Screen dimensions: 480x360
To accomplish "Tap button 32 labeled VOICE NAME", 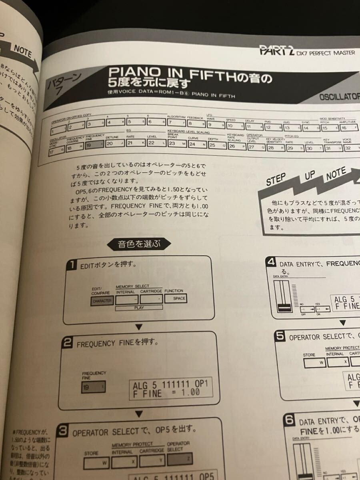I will point(349,147).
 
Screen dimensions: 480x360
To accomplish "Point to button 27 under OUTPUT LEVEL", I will point(256,147).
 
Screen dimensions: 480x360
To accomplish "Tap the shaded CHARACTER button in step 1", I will point(102,301).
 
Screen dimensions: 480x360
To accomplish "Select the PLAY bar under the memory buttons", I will point(139,308).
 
